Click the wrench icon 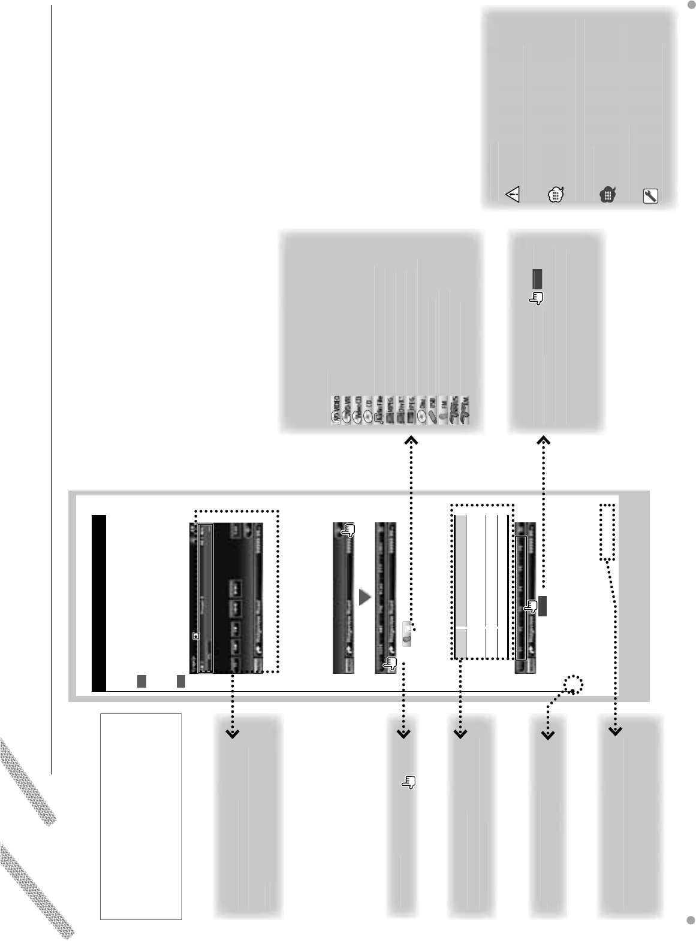(x=650, y=196)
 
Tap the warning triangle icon (x=513, y=195)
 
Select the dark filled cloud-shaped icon (x=607, y=195)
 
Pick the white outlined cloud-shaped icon (x=556, y=195)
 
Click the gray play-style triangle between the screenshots (x=364, y=597)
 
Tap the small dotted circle (x=574, y=685)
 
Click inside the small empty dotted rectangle (x=607, y=532)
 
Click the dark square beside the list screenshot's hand (x=543, y=606)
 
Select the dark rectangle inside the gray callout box (x=538, y=278)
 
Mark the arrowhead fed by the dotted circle (x=548, y=734)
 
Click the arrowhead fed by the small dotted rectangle (x=616, y=731)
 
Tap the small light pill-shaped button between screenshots (x=407, y=634)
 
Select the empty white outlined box (x=141, y=816)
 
